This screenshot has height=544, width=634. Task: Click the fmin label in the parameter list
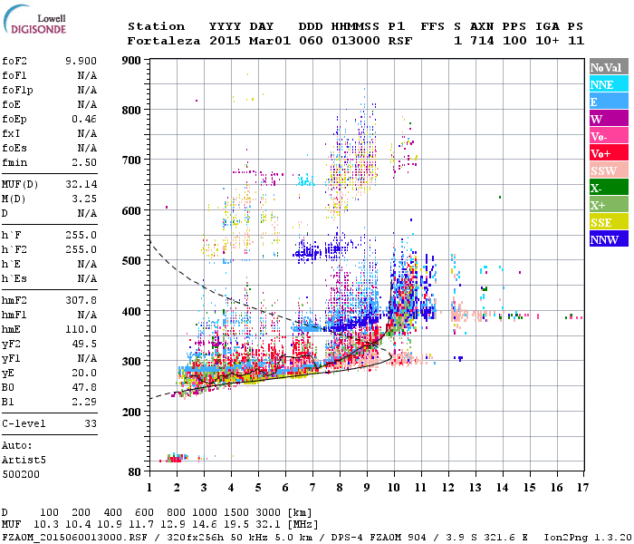[15, 161]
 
